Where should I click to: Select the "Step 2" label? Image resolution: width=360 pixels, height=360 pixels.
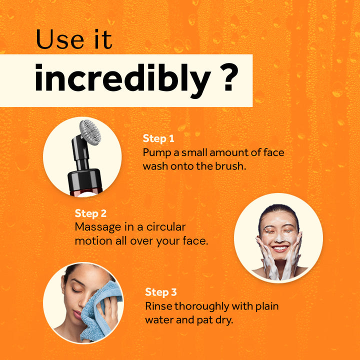point(90,213)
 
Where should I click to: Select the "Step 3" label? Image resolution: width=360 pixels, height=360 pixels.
point(160,292)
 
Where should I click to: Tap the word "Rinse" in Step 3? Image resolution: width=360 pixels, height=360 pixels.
point(158,305)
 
